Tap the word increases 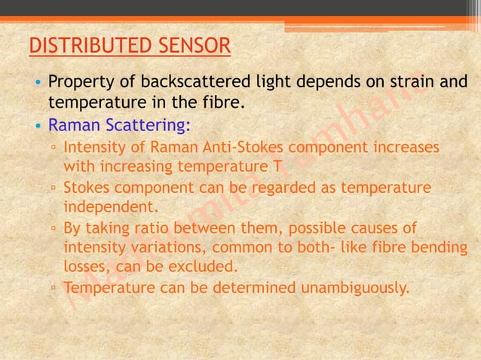(400, 145)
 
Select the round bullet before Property (37, 82)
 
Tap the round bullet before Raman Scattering (37, 124)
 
